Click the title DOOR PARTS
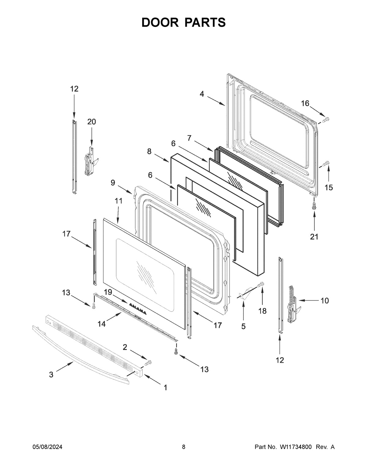[x=183, y=22]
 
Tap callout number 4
[x=202, y=94]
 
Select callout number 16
[x=305, y=103]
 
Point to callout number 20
[x=91, y=122]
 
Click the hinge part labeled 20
[x=90, y=162]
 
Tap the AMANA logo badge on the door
[x=137, y=308]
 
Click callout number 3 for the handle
[x=51, y=374]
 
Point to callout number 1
[x=165, y=388]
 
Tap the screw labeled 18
[x=261, y=285]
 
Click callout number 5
[x=243, y=326]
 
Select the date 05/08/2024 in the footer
[x=47, y=447]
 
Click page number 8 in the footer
[x=183, y=447]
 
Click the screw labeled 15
[x=326, y=164]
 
